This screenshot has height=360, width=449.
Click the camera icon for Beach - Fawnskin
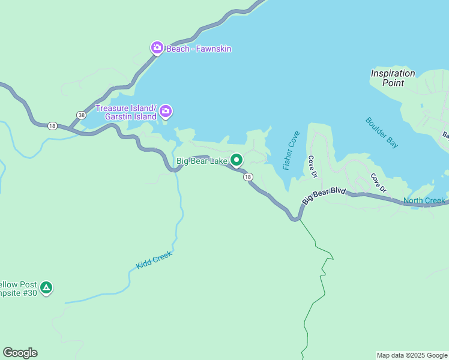click(x=157, y=47)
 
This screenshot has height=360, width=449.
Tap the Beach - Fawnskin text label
click(x=199, y=49)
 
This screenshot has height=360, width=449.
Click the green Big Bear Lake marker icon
click(x=237, y=160)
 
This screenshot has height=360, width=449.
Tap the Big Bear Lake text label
click(x=202, y=161)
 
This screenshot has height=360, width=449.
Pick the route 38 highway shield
click(x=81, y=115)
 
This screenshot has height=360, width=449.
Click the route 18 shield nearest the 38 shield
click(x=52, y=125)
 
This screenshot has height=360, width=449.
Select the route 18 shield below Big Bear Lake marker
click(x=248, y=177)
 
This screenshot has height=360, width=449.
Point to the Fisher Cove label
click(x=291, y=151)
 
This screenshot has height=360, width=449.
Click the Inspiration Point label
click(x=393, y=78)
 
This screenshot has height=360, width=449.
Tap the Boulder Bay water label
click(x=381, y=133)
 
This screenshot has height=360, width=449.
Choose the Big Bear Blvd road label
click(x=324, y=196)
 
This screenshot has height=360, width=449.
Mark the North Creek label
click(x=424, y=200)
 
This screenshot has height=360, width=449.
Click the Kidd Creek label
click(x=154, y=260)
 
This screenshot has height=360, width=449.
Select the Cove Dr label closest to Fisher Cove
click(x=312, y=167)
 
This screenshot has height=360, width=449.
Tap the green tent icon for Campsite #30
click(x=46, y=288)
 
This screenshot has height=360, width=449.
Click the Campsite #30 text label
click(x=18, y=289)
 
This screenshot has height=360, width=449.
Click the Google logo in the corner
click(x=20, y=353)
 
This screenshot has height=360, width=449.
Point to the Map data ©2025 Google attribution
click(x=412, y=355)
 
